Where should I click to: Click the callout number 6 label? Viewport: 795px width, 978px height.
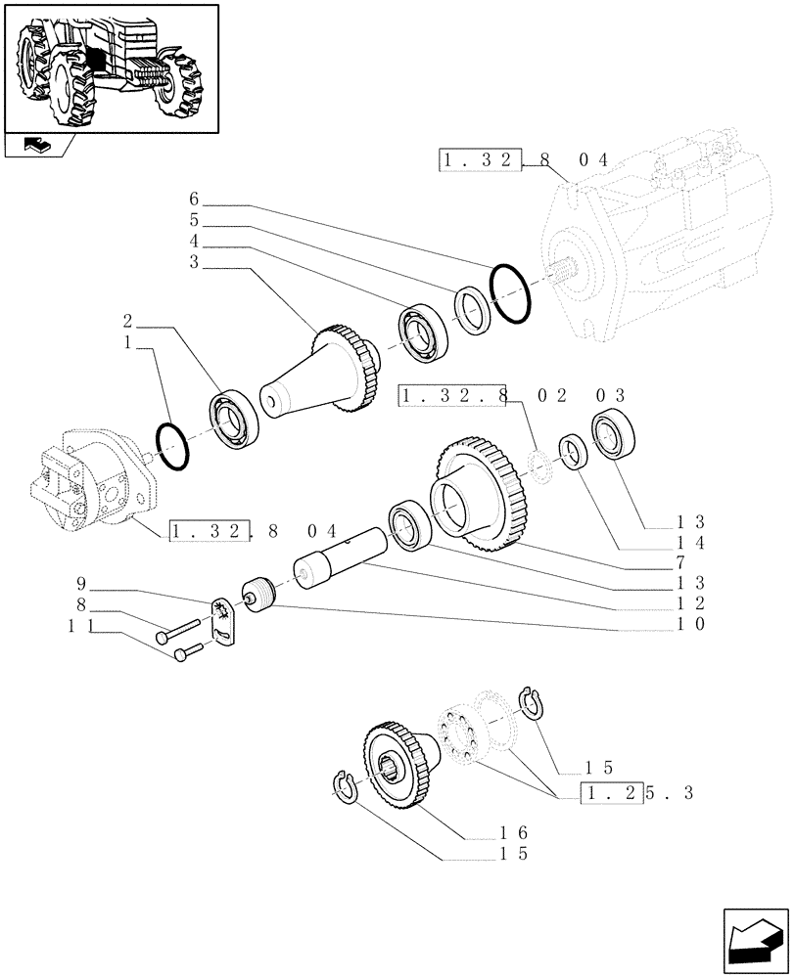click(x=194, y=205)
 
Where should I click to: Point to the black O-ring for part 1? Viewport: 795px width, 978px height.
click(x=172, y=446)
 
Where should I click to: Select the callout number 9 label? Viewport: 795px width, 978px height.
click(x=83, y=586)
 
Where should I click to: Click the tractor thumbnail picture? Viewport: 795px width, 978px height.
click(x=110, y=67)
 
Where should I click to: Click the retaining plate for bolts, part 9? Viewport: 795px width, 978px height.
click(x=223, y=620)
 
